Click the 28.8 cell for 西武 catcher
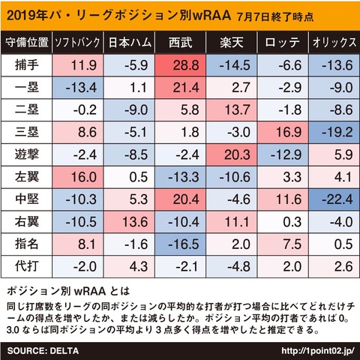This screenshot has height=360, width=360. [180, 65]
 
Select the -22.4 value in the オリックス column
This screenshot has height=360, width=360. [334, 199]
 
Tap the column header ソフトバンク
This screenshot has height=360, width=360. [77, 42]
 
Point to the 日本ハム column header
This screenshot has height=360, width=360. [130, 42]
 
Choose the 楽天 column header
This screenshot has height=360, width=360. [232, 42]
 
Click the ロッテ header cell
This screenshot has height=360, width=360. [283, 42]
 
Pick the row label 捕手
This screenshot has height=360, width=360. [27, 65]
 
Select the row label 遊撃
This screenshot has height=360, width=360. [27, 154]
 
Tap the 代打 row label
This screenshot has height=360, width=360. [27, 266]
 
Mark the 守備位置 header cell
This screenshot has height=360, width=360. [27, 42]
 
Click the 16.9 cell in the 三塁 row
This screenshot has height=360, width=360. [283, 132]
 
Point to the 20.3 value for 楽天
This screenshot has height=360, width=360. [231, 154]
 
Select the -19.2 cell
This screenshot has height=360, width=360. [334, 132]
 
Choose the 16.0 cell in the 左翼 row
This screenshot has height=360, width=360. [77, 177]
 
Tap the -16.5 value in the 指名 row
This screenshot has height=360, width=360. [180, 244]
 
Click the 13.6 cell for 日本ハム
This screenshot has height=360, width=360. [129, 222]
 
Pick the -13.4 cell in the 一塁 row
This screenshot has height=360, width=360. [77, 88]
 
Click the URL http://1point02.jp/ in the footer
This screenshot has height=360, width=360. [318, 351]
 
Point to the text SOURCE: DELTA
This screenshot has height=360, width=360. [43, 351]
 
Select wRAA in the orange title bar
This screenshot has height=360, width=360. [211, 16]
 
